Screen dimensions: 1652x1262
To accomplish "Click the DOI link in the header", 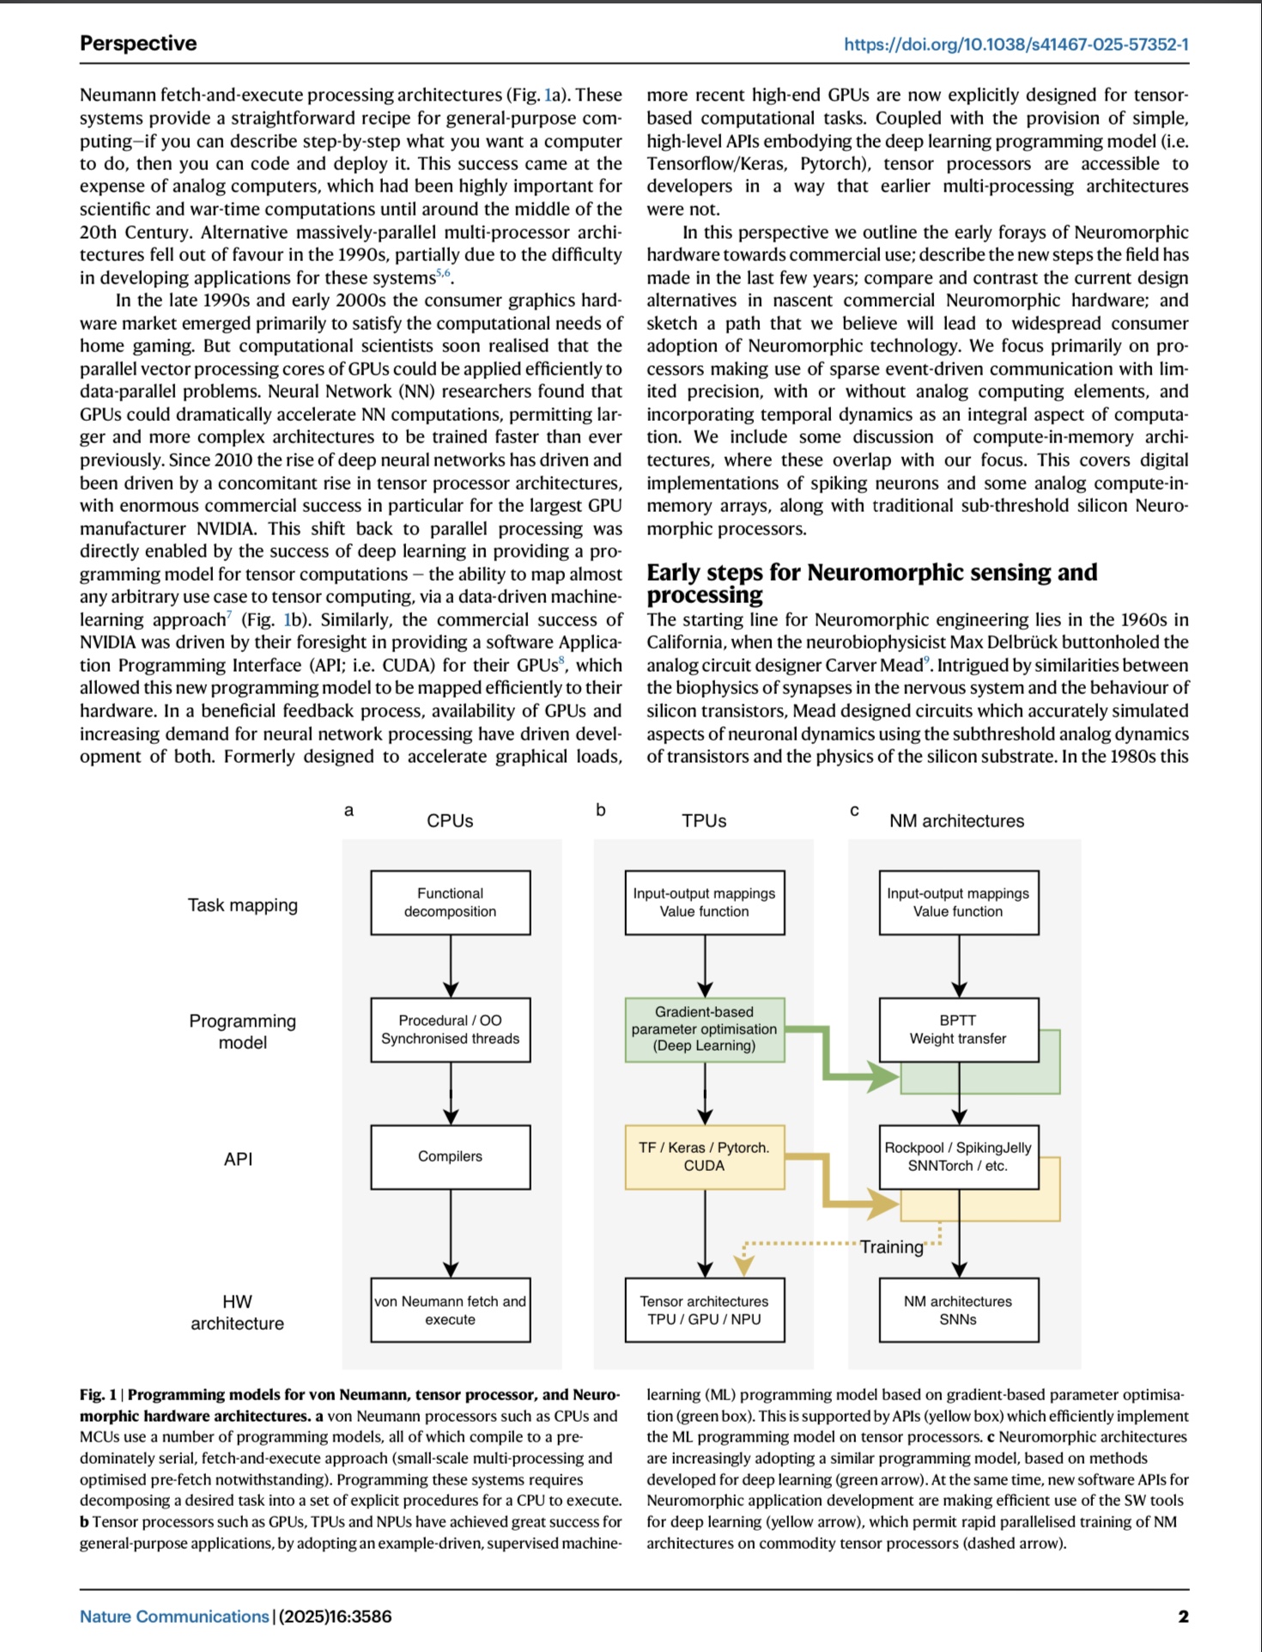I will click(x=1016, y=45).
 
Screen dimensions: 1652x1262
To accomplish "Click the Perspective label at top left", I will click(x=138, y=44).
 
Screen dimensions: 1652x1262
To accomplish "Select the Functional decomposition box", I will click(x=450, y=902).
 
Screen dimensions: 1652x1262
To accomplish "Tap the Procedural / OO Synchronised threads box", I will click(x=450, y=1029).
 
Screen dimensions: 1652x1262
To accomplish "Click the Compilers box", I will click(x=450, y=1156).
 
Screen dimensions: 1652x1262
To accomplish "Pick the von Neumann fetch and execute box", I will click(x=450, y=1310).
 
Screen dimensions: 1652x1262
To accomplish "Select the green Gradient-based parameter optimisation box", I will click(x=704, y=1029).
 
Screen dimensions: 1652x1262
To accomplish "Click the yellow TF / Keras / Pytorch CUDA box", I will click(x=704, y=1156).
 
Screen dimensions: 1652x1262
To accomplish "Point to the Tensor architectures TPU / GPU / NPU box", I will click(x=704, y=1310).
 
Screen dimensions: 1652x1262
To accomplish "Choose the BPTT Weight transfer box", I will click(x=958, y=1029).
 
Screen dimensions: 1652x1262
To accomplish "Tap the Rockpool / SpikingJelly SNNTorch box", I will click(x=958, y=1156).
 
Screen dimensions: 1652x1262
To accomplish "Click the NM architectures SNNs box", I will click(x=958, y=1310).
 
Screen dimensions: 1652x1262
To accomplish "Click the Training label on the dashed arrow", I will click(x=892, y=1247).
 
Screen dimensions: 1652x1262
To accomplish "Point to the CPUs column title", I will click(x=450, y=820).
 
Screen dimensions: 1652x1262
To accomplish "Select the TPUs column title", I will click(x=704, y=820).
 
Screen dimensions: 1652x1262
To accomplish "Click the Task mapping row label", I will click(x=243, y=905).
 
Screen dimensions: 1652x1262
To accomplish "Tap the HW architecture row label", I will click(x=237, y=1313).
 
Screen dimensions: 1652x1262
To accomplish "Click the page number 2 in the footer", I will click(x=1183, y=1616).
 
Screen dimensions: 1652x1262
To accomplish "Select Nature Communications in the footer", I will click(x=174, y=1616).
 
